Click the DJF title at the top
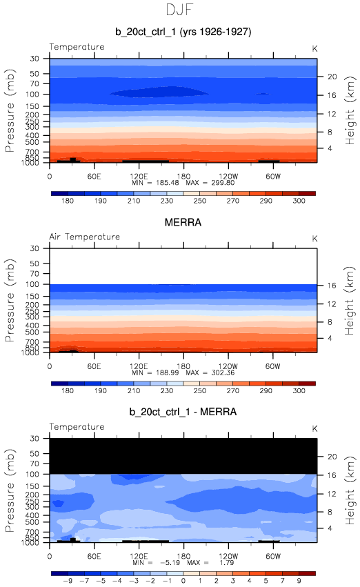click(179, 10)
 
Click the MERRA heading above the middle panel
click(183, 222)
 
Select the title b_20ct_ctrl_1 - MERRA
click(183, 412)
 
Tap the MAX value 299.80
click(223, 183)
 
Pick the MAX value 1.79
click(227, 563)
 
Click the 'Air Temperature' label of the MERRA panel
click(85, 237)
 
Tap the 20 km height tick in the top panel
click(332, 77)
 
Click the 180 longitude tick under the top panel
click(183, 177)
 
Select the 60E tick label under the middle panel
click(94, 366)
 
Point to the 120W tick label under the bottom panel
click(228, 556)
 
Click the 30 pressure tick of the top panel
click(34, 59)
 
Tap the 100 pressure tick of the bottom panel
click(32, 474)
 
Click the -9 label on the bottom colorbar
click(68, 581)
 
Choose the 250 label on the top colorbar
click(200, 201)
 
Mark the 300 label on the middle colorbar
click(299, 390)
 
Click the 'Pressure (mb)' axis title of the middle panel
click(10, 300)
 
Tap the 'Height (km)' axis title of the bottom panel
click(350, 490)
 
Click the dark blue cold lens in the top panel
click(159, 92)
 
